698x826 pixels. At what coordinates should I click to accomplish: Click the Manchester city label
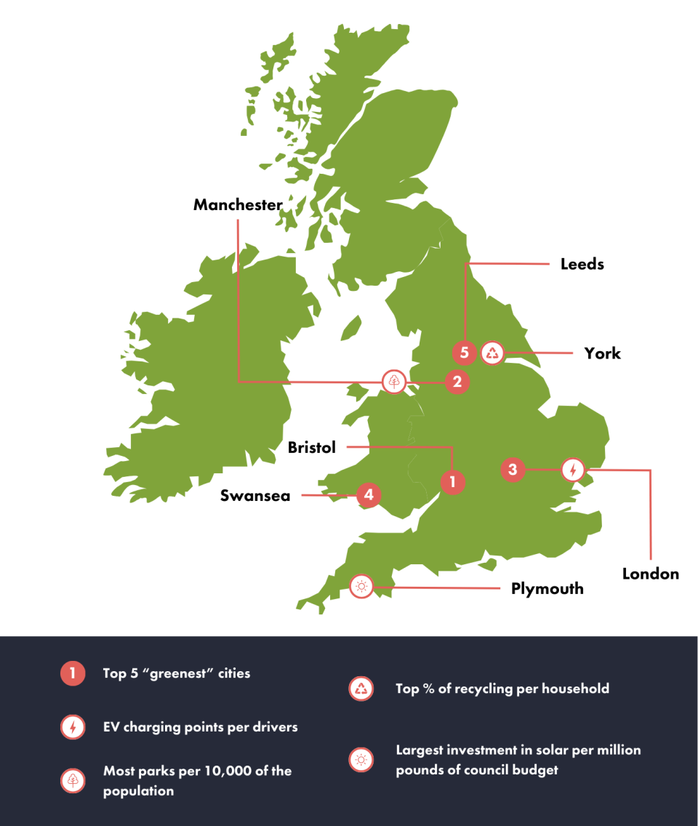238,205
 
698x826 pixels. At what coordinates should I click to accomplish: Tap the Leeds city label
582,264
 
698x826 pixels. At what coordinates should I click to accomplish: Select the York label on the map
603,353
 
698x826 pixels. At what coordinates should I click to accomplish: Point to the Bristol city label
312,447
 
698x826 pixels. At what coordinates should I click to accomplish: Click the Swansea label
255,496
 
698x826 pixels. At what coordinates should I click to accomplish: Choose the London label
651,574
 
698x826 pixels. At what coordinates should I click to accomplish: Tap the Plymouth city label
547,588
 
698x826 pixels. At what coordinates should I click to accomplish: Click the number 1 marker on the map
452,481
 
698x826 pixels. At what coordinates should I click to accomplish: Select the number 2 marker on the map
457,380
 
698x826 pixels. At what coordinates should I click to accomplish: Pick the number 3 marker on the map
513,470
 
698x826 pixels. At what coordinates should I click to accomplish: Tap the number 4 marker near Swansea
369,495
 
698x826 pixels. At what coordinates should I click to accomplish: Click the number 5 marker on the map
464,353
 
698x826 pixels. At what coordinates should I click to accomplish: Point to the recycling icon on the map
493,353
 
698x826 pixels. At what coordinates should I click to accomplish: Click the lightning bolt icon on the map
573,470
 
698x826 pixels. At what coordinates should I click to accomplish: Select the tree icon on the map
394,380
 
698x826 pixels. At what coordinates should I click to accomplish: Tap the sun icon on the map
361,586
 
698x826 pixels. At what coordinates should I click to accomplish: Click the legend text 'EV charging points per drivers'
200,726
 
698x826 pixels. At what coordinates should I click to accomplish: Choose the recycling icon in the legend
361,688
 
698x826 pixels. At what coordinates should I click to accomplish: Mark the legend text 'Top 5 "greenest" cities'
177,673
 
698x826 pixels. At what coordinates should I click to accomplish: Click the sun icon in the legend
361,759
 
